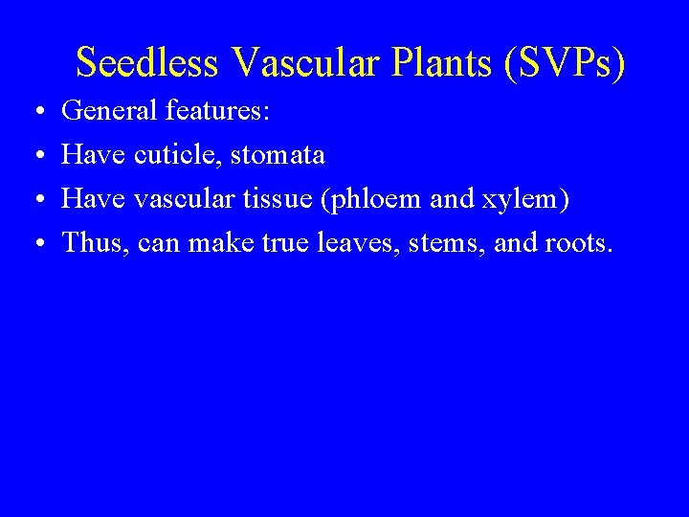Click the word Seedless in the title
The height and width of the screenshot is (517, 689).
click(149, 62)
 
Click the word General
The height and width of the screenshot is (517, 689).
click(109, 112)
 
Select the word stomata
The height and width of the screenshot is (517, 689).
click(284, 155)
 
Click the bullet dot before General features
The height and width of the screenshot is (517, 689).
click(34, 113)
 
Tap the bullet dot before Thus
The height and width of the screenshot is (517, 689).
click(34, 243)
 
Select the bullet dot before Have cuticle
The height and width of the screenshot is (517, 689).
click(34, 156)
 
